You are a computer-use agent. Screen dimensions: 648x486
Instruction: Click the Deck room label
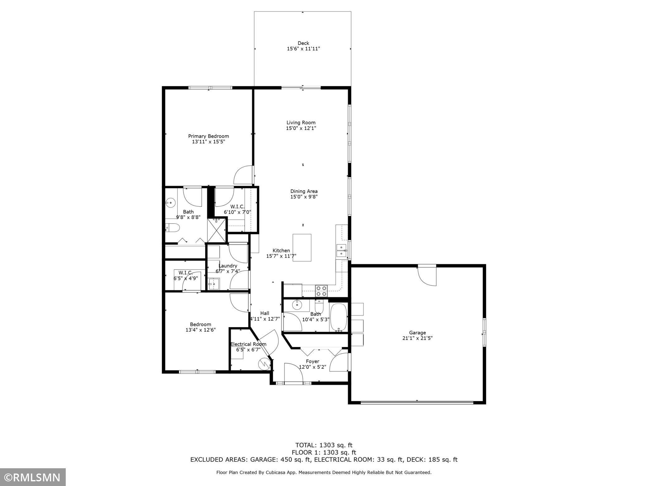303,43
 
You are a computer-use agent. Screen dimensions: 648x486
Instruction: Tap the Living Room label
301,122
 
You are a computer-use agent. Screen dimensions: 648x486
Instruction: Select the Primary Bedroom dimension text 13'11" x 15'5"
208,142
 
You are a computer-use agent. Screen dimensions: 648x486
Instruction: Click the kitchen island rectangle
302,247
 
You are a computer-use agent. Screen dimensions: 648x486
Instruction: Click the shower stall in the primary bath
217,230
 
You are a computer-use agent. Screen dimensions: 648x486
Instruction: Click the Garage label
417,332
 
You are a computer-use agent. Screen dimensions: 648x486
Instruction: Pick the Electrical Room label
248,344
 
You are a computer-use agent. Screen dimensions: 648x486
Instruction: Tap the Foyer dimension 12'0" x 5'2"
312,367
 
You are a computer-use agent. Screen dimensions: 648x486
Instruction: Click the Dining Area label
304,191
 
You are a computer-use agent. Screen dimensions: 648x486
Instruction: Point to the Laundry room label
228,266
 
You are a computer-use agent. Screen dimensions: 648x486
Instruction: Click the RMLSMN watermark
33,477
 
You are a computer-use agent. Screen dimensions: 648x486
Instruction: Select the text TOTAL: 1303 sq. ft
324,445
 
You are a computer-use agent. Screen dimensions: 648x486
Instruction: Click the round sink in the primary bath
170,203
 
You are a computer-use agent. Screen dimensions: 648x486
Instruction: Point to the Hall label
265,313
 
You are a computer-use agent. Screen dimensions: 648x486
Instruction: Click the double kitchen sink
341,251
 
